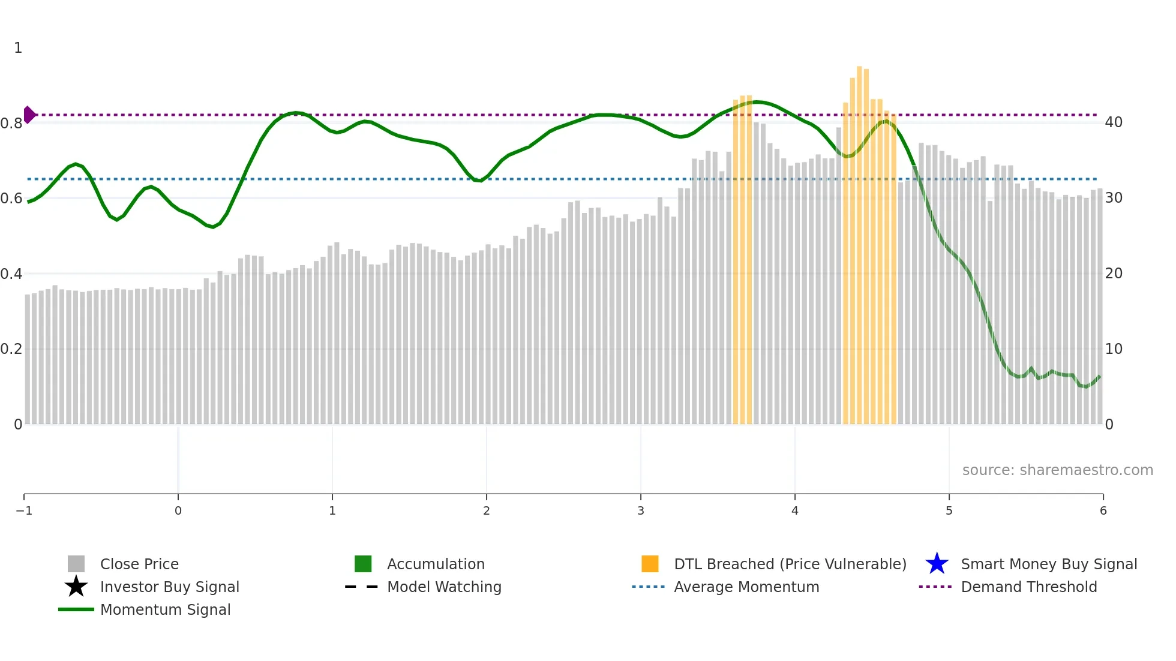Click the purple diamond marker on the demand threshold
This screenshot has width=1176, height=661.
[29, 115]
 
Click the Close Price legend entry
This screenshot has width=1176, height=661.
[139, 564]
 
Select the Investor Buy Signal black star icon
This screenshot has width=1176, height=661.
[76, 587]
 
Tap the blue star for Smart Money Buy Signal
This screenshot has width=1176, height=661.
[937, 564]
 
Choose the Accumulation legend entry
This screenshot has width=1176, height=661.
[435, 564]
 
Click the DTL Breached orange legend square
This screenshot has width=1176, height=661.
[650, 564]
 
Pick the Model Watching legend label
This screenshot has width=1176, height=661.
[444, 587]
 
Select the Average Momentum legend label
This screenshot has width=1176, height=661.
[746, 587]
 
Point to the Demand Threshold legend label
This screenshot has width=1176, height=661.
[1028, 587]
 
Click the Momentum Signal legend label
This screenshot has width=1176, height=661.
[165, 609]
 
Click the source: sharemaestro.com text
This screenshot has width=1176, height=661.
[1057, 470]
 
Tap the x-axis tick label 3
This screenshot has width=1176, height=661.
[641, 510]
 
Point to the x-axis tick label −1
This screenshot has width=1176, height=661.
[24, 510]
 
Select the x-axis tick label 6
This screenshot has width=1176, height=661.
[1103, 510]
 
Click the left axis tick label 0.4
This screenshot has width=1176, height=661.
[11, 274]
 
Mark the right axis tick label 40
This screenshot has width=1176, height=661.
[1114, 122]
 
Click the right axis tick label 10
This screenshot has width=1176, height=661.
[1114, 349]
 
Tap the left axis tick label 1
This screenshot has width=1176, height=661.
[18, 48]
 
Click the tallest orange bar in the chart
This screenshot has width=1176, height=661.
[859, 240]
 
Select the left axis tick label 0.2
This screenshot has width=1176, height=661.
[11, 349]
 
